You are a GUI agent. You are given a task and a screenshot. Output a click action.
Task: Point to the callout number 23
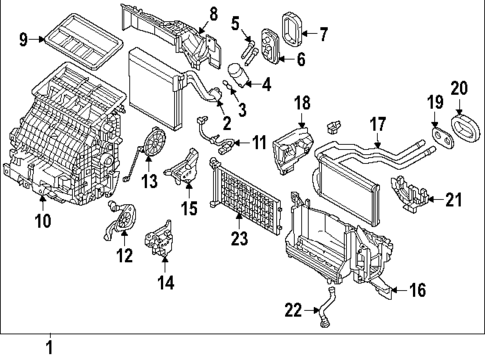pos(237,239)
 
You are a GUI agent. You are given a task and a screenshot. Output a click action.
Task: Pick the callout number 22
pos(292,311)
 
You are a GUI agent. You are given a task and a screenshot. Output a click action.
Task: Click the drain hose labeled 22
pos(324,306)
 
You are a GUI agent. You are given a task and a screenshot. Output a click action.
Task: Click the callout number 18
pos(301,102)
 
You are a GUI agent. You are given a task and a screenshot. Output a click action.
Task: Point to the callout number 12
pos(123,257)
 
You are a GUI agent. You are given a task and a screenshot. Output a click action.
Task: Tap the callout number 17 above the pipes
pos(377,125)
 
